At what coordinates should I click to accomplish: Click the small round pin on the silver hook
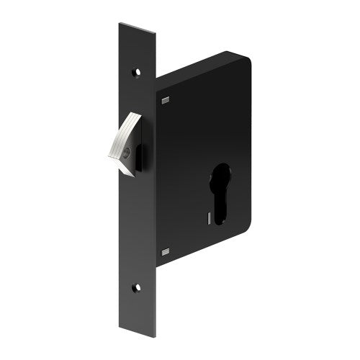[x=127, y=151]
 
